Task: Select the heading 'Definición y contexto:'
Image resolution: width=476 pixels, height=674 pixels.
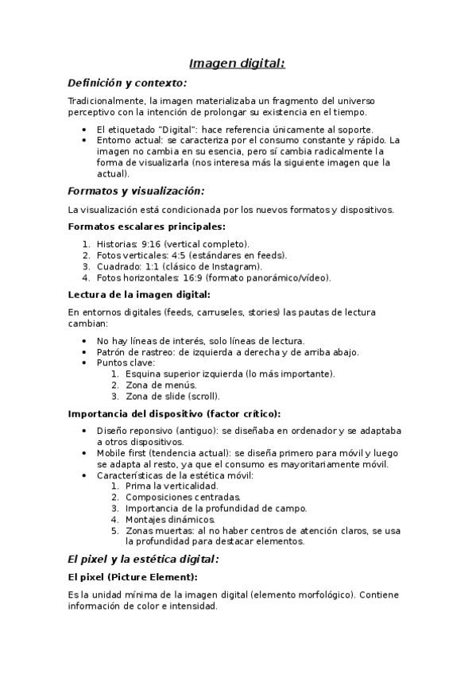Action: pyautogui.click(x=127, y=83)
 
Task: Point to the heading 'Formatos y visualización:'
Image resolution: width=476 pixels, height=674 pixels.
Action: pyautogui.click(x=136, y=191)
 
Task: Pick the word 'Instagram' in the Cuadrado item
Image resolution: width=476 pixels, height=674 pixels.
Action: pyautogui.click(x=237, y=266)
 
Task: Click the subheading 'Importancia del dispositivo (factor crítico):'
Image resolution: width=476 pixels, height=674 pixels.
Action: pyautogui.click(x=174, y=413)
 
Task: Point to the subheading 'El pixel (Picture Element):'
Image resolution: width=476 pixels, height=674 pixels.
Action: pyautogui.click(x=133, y=576)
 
